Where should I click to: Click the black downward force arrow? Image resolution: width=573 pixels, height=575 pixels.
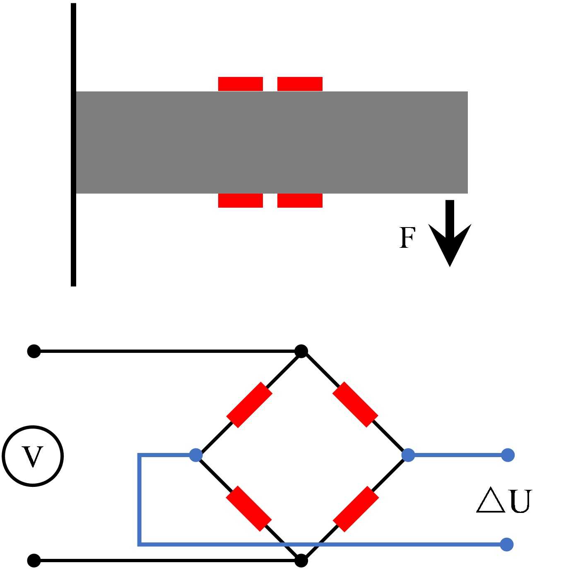[x=450, y=233]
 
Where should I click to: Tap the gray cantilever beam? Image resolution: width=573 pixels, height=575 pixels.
[x=272, y=142]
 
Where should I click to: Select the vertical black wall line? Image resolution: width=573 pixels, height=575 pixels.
[x=73, y=145]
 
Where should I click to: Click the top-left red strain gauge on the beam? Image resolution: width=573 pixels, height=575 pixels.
[x=241, y=84]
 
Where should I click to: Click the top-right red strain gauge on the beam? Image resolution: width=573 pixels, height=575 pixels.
[x=300, y=84]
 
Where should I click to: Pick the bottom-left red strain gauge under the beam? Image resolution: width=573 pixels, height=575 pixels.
[x=241, y=201]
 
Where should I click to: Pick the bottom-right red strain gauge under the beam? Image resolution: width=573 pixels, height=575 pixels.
[x=300, y=201]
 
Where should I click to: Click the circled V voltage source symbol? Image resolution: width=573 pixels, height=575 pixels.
[x=33, y=456]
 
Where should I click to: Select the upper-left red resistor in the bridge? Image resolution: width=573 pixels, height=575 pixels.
[x=249, y=405]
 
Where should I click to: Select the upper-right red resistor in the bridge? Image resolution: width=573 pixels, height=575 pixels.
[x=355, y=405]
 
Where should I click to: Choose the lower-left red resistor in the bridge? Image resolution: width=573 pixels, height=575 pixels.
[x=249, y=509]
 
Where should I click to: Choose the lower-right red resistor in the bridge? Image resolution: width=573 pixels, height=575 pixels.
[x=356, y=509]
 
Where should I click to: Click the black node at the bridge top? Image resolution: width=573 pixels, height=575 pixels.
[x=301, y=351]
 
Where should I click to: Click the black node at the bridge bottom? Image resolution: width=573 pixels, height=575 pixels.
[x=301, y=561]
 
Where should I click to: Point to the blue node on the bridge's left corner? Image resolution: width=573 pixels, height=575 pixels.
[x=196, y=455]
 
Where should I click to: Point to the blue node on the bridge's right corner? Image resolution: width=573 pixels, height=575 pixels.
[x=408, y=455]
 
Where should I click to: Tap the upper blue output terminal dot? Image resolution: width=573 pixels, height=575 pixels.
[x=508, y=455]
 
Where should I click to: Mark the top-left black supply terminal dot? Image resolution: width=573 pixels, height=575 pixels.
[x=34, y=351]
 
